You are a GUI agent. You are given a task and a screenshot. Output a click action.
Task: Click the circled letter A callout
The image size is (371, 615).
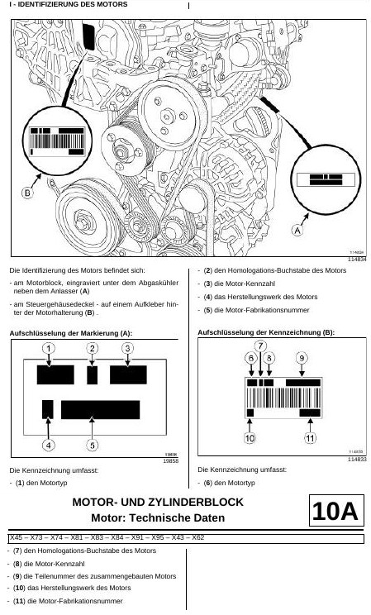click(297, 231)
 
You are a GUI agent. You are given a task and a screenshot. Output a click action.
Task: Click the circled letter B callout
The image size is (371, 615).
click(27, 193)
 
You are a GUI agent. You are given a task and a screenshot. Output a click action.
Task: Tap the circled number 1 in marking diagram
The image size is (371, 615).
click(48, 349)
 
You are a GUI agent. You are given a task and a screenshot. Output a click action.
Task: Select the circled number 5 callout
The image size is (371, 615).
click(93, 446)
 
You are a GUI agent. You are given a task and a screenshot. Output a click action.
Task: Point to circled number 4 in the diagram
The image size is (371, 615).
click(48, 446)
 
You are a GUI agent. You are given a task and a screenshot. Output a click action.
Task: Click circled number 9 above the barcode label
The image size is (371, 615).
click(302, 358)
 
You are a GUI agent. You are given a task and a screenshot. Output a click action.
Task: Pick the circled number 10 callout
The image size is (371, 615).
click(250, 438)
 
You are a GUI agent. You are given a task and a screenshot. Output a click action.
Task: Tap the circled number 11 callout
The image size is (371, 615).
click(310, 438)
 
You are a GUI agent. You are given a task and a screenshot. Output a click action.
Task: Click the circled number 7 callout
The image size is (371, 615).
click(260, 346)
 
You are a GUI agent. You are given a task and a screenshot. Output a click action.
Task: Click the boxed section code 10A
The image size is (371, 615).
click(335, 511)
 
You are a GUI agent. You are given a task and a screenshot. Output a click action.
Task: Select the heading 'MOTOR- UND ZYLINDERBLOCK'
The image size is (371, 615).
click(158, 502)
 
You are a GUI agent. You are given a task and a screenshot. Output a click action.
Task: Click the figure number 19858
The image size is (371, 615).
click(170, 461)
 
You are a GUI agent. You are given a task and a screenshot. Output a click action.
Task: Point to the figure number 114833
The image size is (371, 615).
click(357, 460)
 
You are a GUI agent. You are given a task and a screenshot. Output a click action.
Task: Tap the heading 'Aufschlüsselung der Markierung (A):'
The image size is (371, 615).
click(71, 333)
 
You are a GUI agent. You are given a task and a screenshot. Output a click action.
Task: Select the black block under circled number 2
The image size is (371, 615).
click(93, 375)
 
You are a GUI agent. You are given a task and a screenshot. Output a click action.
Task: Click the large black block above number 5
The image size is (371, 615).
click(101, 409)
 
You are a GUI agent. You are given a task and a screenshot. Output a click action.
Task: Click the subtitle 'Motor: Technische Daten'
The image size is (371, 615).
click(158, 517)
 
